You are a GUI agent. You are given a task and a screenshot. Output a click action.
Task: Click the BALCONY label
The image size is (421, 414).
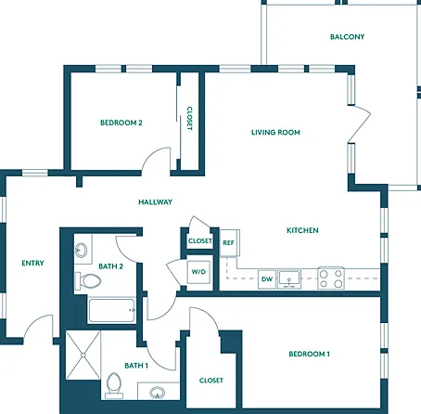[x=347, y=37]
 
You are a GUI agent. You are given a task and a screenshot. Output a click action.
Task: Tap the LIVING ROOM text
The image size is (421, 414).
[x=275, y=133]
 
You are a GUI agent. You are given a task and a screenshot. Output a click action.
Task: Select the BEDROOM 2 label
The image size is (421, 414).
[x=121, y=123]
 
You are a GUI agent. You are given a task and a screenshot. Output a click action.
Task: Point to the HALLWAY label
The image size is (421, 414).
[x=155, y=202]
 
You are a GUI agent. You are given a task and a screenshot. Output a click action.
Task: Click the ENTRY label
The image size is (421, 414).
[x=32, y=264]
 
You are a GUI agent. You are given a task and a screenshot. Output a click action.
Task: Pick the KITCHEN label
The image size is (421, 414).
[x=302, y=230]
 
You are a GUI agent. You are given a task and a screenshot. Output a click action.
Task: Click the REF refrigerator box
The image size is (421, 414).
[x=229, y=242]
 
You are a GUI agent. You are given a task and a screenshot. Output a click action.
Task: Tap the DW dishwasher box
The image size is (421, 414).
[x=267, y=279]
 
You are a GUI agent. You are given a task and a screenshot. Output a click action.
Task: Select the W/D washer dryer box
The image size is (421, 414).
[x=198, y=272]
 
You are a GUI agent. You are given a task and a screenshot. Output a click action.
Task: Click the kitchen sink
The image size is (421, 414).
[x=289, y=279]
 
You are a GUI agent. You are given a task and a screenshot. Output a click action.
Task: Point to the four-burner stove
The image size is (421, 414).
[x=331, y=278]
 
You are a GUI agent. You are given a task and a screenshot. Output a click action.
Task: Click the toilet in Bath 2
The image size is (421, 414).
[x=88, y=281]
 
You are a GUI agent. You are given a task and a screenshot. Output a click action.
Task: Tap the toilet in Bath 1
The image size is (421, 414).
[x=114, y=385]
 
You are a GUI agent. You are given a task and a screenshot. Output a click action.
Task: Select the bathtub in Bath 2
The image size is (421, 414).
[x=112, y=310]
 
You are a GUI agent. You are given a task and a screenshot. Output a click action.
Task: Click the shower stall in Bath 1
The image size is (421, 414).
[x=83, y=356]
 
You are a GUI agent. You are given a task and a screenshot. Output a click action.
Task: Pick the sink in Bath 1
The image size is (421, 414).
[x=158, y=392]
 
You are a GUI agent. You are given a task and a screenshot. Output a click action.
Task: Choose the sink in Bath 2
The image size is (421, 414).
[x=82, y=250]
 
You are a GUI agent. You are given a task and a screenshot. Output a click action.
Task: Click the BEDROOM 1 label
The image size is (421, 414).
[x=309, y=354]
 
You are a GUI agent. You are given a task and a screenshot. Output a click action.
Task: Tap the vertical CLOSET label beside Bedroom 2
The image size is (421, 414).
[x=189, y=119]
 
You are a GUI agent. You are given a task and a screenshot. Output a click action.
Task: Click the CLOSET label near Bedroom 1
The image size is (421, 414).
[x=211, y=381]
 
